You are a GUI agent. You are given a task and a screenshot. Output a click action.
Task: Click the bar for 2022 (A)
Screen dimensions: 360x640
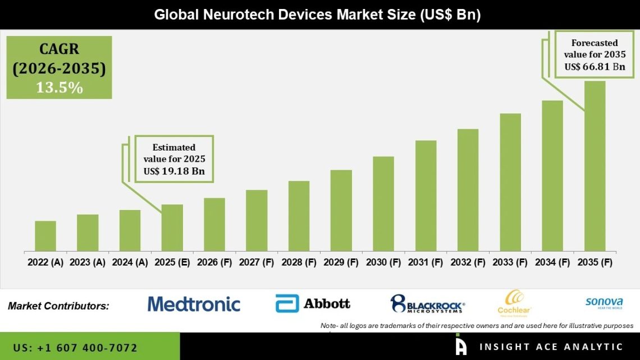[x=45, y=236]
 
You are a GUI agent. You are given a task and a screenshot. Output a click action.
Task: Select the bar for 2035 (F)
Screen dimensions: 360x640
[x=595, y=166]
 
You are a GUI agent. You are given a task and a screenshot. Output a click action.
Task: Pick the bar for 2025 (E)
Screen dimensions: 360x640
[x=172, y=227]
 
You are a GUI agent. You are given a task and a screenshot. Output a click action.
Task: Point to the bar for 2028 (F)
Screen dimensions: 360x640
[x=299, y=216]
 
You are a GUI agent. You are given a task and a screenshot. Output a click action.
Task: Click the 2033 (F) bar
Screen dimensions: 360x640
[x=510, y=182]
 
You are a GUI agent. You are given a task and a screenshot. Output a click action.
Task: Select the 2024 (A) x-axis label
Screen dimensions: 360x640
[x=130, y=262]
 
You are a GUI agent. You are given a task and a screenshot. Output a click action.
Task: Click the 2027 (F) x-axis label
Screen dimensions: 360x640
[x=257, y=262]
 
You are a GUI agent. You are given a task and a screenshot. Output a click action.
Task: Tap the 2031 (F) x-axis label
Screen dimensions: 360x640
[x=426, y=262]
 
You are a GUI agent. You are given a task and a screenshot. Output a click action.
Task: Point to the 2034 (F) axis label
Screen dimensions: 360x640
[x=552, y=262]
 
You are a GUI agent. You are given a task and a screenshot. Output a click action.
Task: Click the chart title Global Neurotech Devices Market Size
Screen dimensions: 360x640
[x=318, y=15]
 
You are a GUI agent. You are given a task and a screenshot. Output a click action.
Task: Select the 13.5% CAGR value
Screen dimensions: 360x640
[x=59, y=88]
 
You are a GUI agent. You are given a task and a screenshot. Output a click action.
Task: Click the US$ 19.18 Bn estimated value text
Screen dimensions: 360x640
[x=173, y=171]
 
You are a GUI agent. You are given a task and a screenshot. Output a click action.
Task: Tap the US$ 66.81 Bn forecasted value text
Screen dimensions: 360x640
[x=595, y=66]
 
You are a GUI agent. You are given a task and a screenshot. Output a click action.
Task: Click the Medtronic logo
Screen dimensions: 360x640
[x=194, y=304]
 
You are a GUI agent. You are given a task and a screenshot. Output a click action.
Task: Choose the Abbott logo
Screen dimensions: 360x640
[x=313, y=304]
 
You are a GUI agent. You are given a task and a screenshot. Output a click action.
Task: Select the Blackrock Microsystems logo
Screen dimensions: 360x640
[x=427, y=304]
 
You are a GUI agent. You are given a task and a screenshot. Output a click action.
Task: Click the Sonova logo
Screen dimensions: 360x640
[x=604, y=303]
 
